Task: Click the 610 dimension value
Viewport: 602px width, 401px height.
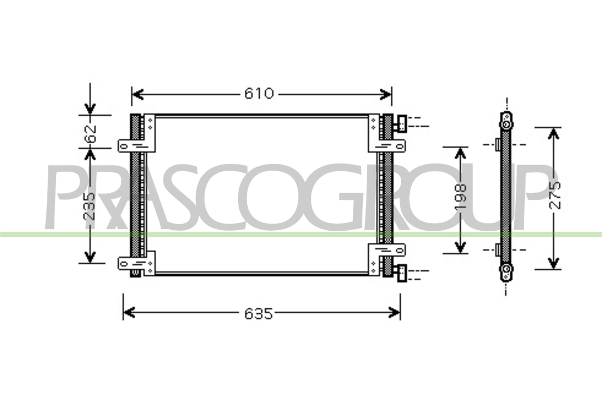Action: tap(259, 93)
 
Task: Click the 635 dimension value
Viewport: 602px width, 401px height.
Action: tap(258, 314)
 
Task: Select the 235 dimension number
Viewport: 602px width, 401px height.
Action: tap(89, 206)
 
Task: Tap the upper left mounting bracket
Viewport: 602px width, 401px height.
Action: tap(136, 146)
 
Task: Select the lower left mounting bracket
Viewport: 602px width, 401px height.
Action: tap(136, 263)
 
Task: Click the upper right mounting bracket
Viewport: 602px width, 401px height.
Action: tap(387, 146)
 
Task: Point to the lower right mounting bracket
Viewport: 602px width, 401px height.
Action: tap(387, 250)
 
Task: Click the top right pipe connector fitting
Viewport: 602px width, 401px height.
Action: tap(401, 124)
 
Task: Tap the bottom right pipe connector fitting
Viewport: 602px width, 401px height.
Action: tap(401, 273)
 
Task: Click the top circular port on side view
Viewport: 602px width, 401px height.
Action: tap(506, 125)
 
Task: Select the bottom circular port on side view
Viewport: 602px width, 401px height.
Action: tap(506, 268)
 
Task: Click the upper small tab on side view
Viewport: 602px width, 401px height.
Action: tap(498, 145)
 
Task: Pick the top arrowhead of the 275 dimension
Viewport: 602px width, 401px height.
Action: tap(553, 134)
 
